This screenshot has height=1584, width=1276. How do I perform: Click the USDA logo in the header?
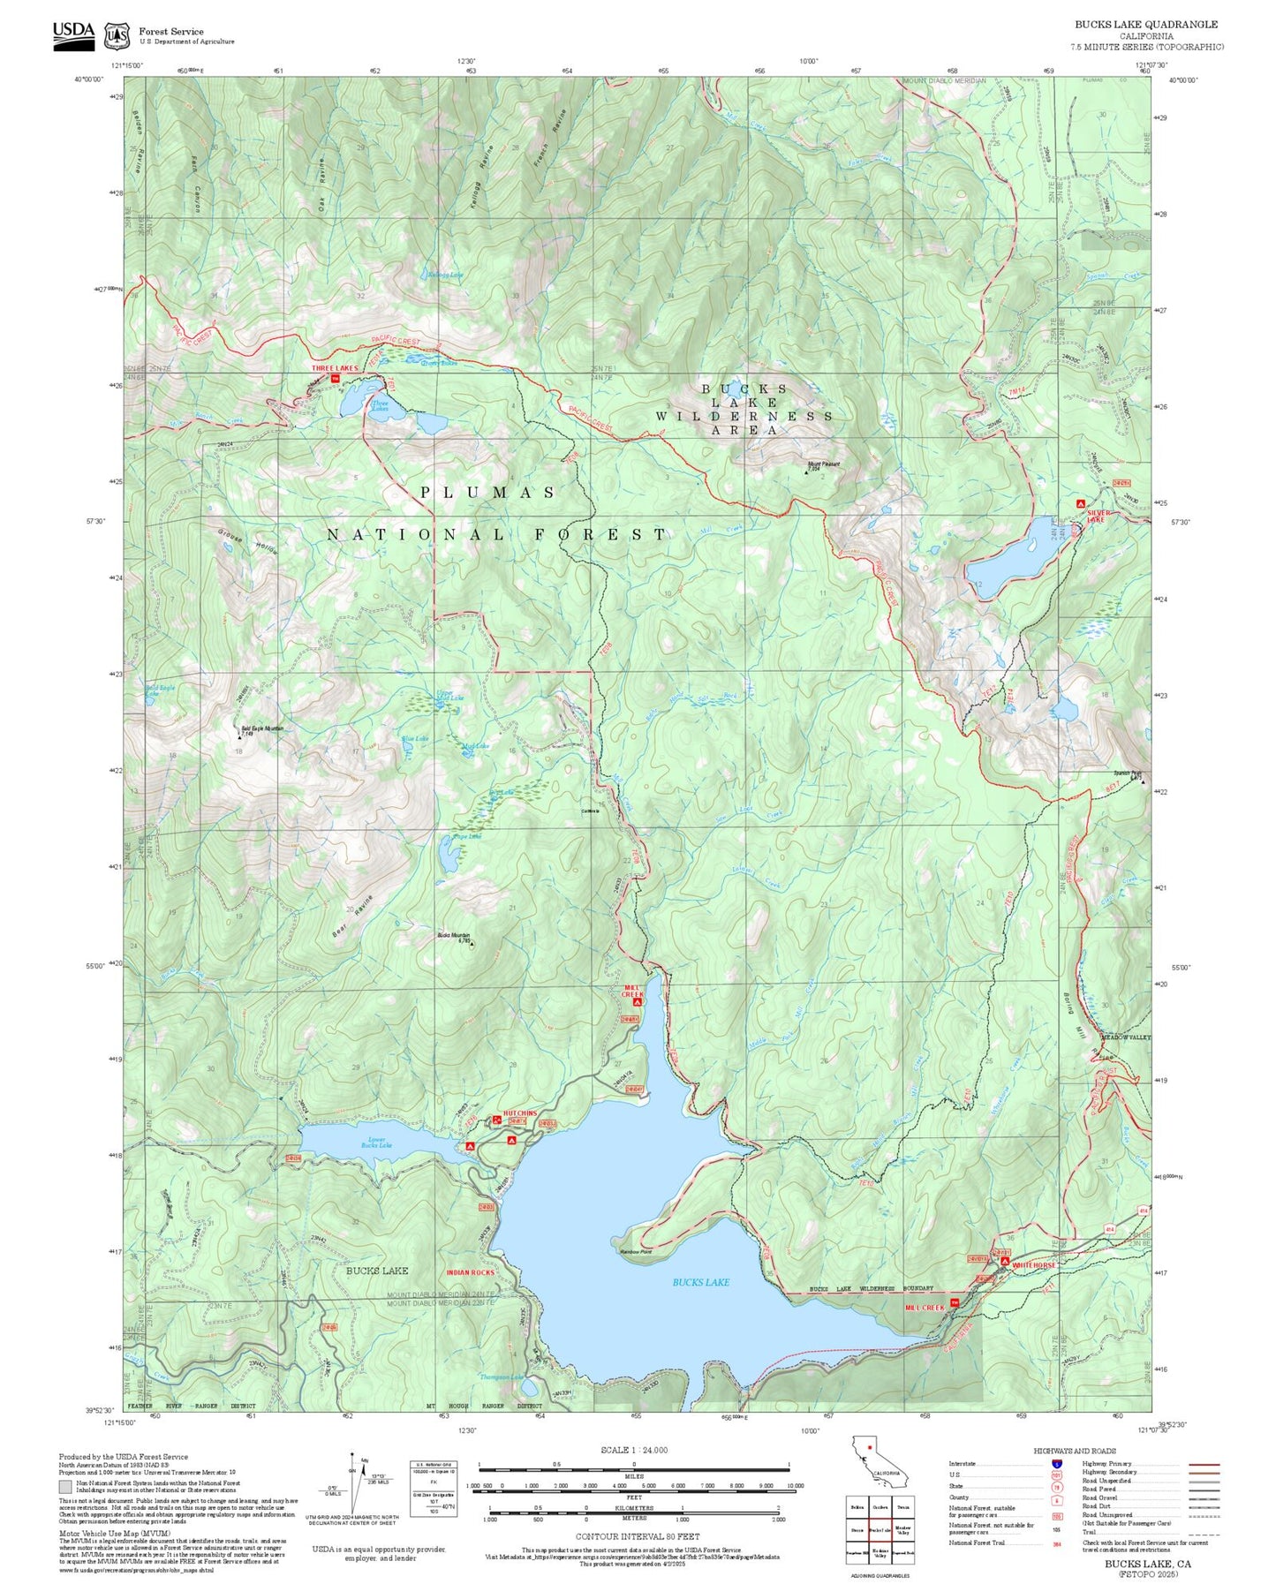pos(73,34)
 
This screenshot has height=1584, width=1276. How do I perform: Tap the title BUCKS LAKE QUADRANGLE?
pos(1145,25)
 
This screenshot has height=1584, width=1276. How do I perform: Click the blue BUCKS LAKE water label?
pos(700,1282)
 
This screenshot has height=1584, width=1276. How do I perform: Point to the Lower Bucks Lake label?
pos(375,1143)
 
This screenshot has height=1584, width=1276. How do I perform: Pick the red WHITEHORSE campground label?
pos(1033,1265)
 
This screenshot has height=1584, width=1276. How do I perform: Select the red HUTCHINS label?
pos(519,1113)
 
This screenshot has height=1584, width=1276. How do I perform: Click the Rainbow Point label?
pos(634,1251)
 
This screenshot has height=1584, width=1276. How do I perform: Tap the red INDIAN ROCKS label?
pos(470,1272)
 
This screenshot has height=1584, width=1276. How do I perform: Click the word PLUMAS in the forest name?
pos(487,493)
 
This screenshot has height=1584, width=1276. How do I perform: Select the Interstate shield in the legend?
pos(1056,1463)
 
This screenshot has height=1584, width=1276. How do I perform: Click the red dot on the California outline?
pos(869,1447)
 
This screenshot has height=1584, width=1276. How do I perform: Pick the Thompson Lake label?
pos(500,1377)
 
